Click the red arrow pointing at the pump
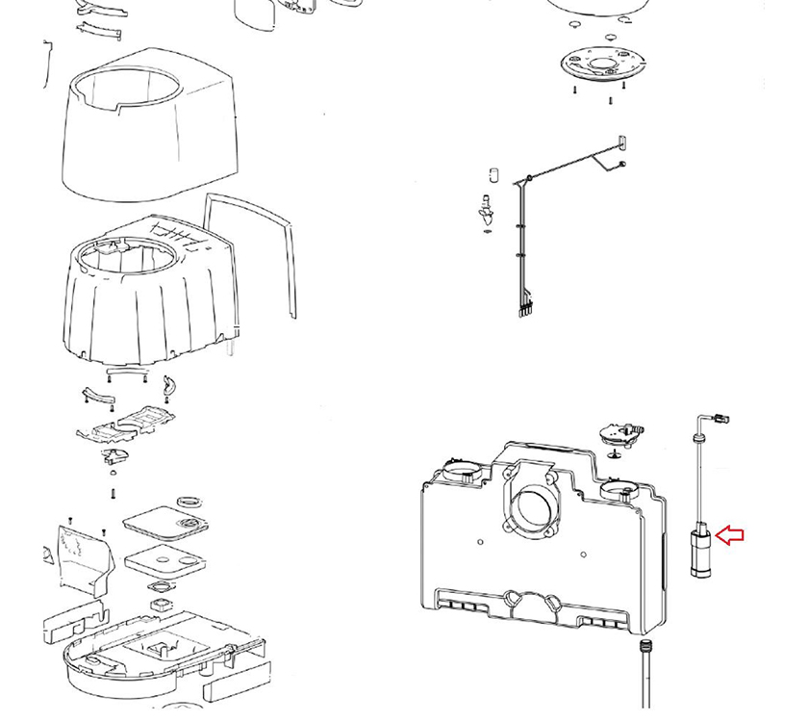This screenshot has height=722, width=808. (x=732, y=535)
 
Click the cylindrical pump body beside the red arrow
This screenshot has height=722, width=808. (x=701, y=550)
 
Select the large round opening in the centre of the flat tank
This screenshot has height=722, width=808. (x=530, y=501)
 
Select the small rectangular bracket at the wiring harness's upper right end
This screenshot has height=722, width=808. (x=621, y=142)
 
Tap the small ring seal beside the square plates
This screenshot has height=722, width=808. (x=192, y=501)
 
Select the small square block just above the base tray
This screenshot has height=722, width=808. (x=161, y=606)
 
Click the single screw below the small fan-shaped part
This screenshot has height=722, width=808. (x=114, y=493)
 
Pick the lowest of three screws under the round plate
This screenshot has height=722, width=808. (x=610, y=99)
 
